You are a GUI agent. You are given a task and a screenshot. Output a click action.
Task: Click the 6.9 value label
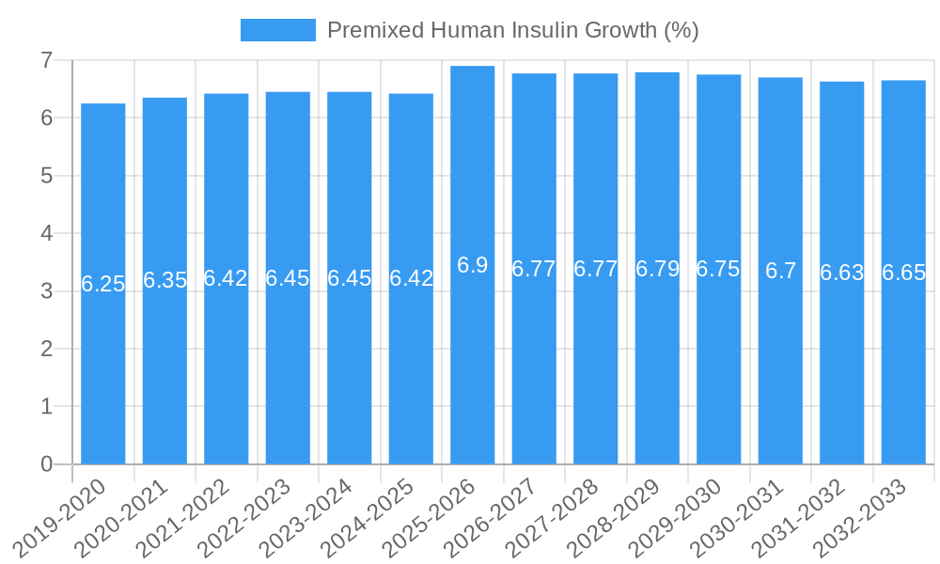(x=472, y=265)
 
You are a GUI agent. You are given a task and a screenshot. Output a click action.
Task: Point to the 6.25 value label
(x=102, y=284)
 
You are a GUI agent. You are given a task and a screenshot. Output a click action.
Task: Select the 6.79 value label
(x=657, y=269)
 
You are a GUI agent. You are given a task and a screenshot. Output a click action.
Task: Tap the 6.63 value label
(x=841, y=273)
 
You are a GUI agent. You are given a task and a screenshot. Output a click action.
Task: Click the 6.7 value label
(x=780, y=271)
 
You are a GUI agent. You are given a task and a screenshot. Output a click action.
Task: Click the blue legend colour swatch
(x=277, y=30)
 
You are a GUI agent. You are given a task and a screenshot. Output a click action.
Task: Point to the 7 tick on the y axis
(x=46, y=60)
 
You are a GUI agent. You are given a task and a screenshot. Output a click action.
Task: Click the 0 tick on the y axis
(x=46, y=464)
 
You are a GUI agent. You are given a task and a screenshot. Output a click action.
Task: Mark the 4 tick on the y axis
(x=46, y=233)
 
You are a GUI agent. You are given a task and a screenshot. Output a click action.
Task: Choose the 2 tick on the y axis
(x=46, y=349)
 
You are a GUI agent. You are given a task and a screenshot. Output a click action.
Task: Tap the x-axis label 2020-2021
(x=123, y=517)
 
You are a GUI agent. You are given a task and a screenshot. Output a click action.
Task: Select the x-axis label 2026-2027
(x=493, y=517)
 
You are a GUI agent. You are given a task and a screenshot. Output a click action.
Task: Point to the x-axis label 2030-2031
(x=739, y=517)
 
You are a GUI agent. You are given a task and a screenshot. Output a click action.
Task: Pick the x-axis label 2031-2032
(x=801, y=517)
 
